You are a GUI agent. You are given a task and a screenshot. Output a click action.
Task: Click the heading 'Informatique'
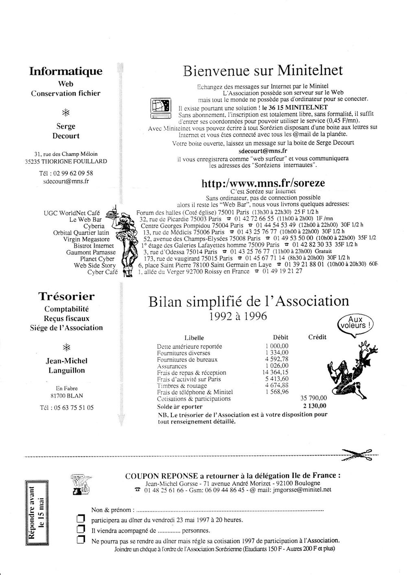click(x=66, y=72)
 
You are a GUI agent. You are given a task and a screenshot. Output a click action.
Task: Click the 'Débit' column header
click(x=280, y=337)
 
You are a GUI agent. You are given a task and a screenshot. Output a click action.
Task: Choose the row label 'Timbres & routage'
click(x=182, y=386)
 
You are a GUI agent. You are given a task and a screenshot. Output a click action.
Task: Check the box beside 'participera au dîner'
click(x=81, y=520)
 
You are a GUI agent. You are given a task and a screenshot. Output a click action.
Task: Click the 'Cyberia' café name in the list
click(x=94, y=226)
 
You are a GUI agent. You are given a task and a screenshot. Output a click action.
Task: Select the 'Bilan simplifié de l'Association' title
click(x=249, y=302)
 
